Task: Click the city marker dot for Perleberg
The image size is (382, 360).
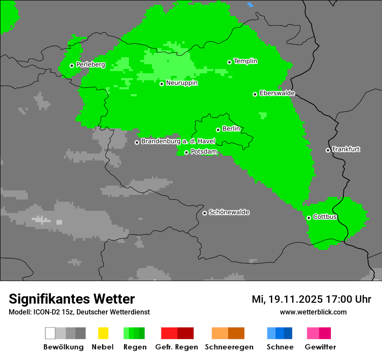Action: click(72, 65)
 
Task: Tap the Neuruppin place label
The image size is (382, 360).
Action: click(181, 83)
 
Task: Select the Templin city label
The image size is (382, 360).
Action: click(245, 61)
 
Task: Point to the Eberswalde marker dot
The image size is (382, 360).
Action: click(255, 94)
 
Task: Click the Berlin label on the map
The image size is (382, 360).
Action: click(231, 129)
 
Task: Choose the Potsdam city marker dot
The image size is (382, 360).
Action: click(187, 152)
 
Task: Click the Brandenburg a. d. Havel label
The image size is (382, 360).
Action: click(178, 141)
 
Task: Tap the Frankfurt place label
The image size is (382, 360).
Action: click(346, 149)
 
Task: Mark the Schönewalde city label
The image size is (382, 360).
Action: click(229, 212)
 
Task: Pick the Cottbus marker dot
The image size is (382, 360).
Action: click(309, 218)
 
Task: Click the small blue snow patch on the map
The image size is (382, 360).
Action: click(250, 5)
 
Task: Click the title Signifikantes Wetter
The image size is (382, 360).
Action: click(72, 299)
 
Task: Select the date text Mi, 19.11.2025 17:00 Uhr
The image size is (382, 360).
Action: click(311, 299)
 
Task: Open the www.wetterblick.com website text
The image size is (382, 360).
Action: click(313, 312)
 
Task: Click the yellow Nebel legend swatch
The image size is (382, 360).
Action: click(103, 333)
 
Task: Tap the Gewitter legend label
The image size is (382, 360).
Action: click(320, 347)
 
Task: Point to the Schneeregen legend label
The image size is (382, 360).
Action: click(229, 347)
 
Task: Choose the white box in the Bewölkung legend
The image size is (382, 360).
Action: click(50, 333)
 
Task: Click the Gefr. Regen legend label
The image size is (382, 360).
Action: click(177, 347)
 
